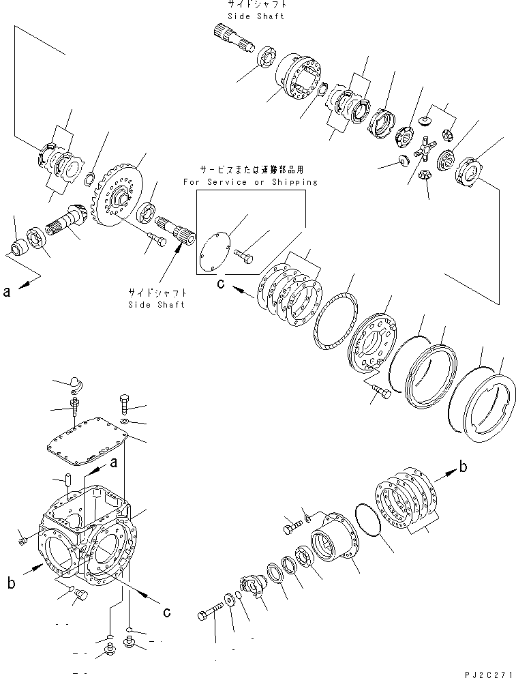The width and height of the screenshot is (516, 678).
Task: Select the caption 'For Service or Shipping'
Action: point(249,182)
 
